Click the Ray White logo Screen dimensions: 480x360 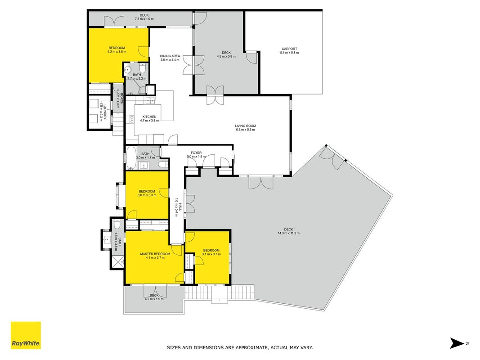tap(26, 335)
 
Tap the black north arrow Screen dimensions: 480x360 tap(457, 343)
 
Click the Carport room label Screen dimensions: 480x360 tap(289, 49)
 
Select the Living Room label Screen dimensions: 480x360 tap(245, 126)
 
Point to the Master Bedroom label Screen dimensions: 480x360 tap(155, 254)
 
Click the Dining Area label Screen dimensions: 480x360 tap(170, 56)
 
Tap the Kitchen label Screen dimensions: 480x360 tap(149, 117)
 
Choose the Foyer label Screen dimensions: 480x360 tap(196, 153)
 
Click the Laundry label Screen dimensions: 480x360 tap(105, 112)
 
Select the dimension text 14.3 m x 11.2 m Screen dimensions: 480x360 tap(288, 233)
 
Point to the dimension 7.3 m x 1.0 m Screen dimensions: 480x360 tap(144, 19)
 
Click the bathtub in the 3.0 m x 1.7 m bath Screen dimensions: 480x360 tap(132, 158)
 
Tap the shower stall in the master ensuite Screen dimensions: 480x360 tap(117, 262)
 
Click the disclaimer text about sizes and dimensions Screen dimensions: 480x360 tap(240, 347)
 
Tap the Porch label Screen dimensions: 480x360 tap(121, 98)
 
